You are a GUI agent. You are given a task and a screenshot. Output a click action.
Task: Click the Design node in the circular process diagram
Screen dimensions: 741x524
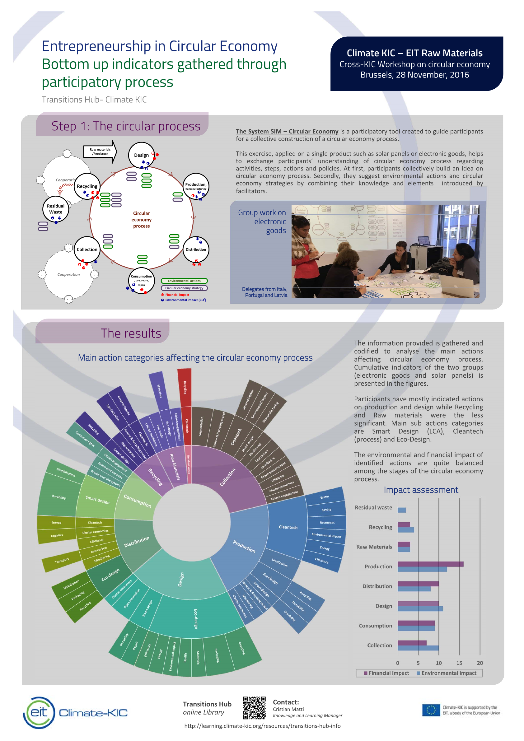(x=141, y=155)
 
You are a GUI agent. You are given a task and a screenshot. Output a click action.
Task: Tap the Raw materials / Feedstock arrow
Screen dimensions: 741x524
(x=100, y=152)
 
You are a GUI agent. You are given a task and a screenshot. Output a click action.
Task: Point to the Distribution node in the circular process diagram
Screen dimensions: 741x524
(x=196, y=249)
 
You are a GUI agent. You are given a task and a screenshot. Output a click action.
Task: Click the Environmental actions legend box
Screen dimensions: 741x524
(x=184, y=281)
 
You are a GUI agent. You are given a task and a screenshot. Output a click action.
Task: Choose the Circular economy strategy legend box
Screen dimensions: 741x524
(x=184, y=288)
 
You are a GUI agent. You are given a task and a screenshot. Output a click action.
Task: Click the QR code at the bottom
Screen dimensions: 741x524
(x=254, y=708)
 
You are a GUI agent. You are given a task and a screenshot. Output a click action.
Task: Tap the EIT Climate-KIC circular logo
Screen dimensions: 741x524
(x=39, y=712)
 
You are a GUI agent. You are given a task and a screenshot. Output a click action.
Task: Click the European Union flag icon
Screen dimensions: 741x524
(x=431, y=710)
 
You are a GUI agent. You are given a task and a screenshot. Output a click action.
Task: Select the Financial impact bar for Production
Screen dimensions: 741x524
(x=430, y=564)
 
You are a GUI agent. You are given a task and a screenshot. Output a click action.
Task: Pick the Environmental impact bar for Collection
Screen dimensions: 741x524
(x=418, y=648)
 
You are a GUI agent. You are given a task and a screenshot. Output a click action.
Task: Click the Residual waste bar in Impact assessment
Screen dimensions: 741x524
(x=402, y=510)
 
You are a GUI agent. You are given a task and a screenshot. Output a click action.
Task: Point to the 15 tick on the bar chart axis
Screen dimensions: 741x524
(x=459, y=663)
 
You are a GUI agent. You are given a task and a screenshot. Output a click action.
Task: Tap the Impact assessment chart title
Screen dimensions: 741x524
(x=421, y=490)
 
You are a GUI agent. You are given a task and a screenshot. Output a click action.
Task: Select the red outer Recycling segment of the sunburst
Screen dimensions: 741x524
(x=185, y=387)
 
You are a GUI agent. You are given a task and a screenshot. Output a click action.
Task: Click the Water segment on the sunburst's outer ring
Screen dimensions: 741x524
(x=325, y=497)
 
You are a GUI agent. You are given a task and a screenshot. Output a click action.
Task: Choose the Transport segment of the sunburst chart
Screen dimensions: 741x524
(x=61, y=561)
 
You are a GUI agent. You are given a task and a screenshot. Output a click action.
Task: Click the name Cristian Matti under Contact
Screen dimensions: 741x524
(x=288, y=709)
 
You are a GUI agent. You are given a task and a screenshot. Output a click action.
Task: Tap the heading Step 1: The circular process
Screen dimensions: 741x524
(x=126, y=126)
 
